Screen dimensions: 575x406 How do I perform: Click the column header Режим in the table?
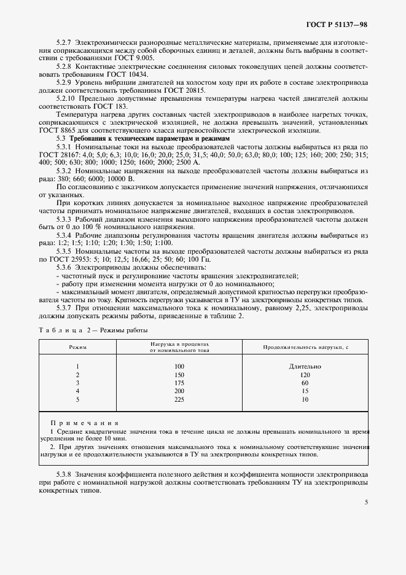pos(78,348)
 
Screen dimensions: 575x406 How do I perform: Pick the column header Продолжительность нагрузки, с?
pos(305,348)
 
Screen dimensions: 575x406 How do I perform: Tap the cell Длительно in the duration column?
pos(305,367)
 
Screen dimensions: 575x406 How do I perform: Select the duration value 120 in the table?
pos(305,375)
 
